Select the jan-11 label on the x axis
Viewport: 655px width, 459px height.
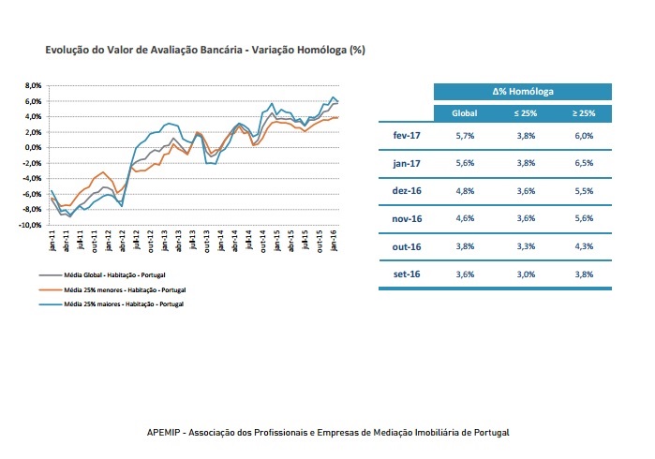pos(52,241)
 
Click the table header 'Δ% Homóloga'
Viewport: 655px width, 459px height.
pos(522,92)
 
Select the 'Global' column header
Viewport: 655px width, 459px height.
pos(465,113)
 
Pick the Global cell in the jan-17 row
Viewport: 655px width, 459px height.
pos(465,163)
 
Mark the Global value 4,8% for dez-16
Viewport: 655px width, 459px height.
pos(465,191)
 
